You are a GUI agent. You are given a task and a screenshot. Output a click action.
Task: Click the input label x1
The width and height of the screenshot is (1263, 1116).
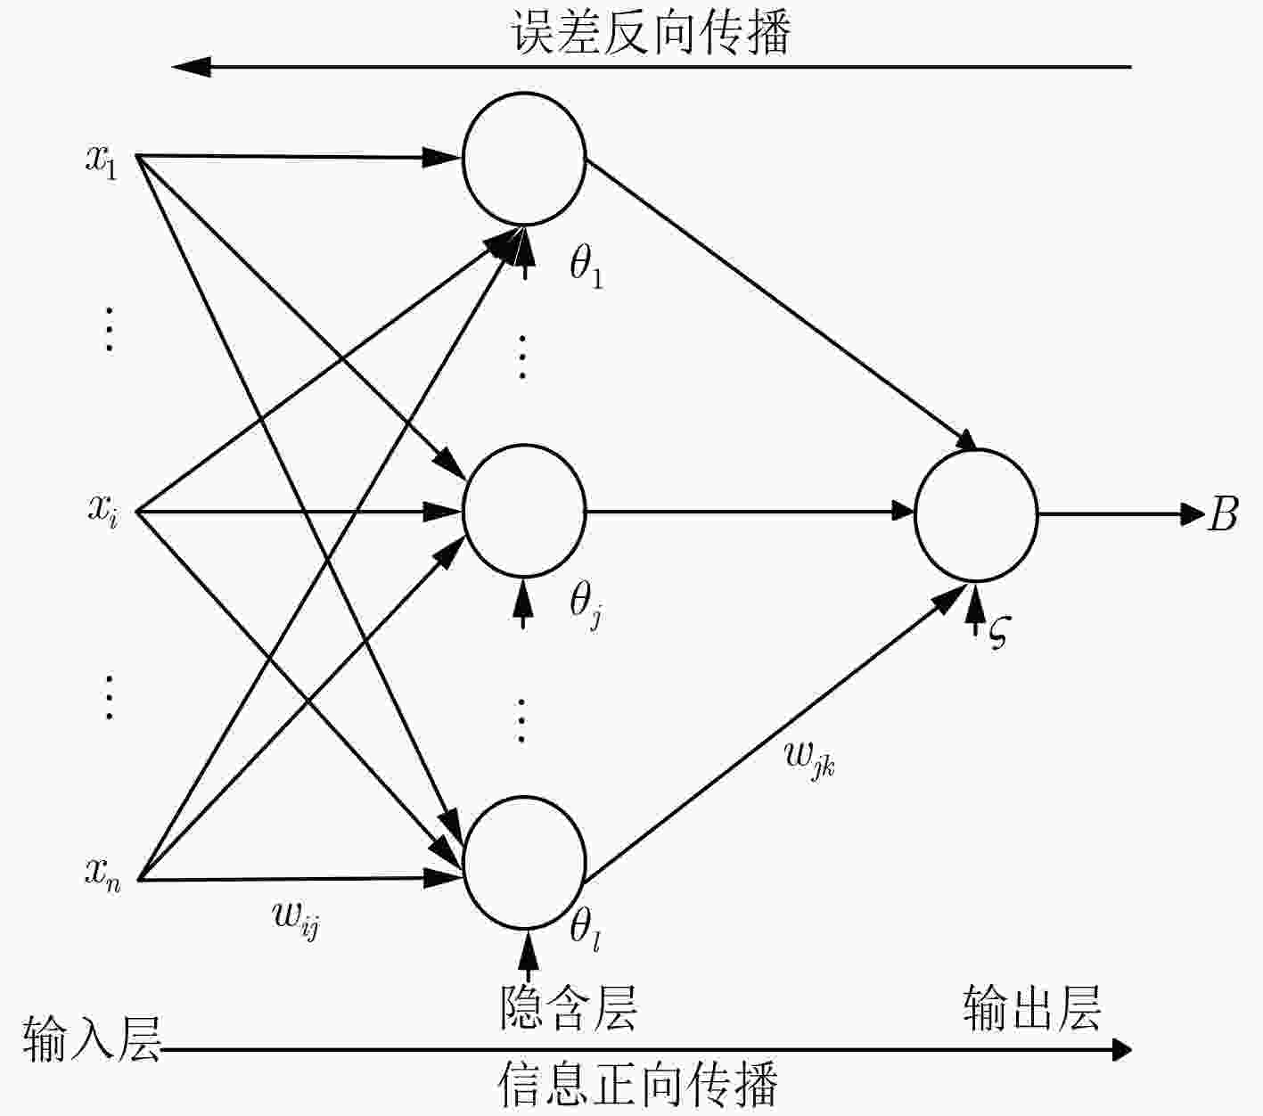click(x=102, y=163)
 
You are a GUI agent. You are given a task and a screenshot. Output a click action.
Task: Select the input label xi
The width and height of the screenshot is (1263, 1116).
click(x=103, y=513)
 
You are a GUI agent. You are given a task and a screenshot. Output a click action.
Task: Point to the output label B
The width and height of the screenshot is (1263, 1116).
click(x=1222, y=514)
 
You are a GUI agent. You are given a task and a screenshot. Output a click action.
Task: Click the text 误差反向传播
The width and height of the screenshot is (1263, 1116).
click(x=652, y=31)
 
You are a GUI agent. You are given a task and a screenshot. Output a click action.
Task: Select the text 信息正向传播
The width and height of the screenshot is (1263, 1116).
click(x=637, y=1084)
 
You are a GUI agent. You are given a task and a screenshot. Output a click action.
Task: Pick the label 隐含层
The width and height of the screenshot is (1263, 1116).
click(x=569, y=1009)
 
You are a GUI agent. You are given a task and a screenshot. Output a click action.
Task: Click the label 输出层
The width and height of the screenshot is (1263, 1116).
click(x=1032, y=1009)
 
